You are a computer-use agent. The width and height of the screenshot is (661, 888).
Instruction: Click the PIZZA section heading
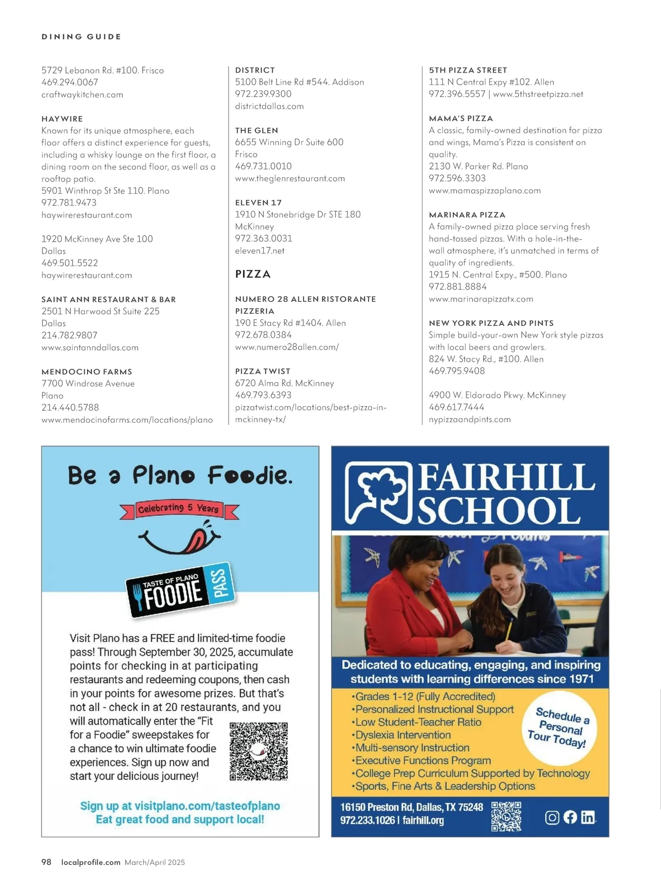(x=253, y=274)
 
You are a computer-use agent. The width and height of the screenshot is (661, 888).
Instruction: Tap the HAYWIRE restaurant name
(x=62, y=119)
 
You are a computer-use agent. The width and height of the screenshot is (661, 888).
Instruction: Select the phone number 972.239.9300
(x=263, y=94)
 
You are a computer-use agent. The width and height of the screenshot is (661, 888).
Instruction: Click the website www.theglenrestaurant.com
(x=290, y=178)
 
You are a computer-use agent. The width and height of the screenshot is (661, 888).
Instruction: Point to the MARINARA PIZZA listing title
(x=467, y=215)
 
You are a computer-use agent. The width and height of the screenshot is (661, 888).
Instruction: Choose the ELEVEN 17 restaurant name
(x=258, y=203)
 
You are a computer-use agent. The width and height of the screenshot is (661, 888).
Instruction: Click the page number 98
(x=46, y=862)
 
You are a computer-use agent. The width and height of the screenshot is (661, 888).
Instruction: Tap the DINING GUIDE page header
(x=82, y=37)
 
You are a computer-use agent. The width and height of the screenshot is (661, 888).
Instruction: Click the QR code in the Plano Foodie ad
(x=259, y=751)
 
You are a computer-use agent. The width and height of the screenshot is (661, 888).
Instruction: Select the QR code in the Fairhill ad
(x=506, y=816)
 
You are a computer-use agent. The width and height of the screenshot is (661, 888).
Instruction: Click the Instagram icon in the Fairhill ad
(x=552, y=818)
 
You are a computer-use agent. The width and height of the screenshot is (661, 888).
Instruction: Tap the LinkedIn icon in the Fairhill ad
(x=588, y=818)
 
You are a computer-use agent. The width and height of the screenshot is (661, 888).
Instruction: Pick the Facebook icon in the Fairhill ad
(x=570, y=818)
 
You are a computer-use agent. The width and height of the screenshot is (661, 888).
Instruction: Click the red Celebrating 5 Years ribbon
(x=179, y=509)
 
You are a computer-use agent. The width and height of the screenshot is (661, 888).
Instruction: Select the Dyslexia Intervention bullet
(x=402, y=735)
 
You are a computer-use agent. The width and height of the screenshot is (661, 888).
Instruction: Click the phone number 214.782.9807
(x=69, y=335)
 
